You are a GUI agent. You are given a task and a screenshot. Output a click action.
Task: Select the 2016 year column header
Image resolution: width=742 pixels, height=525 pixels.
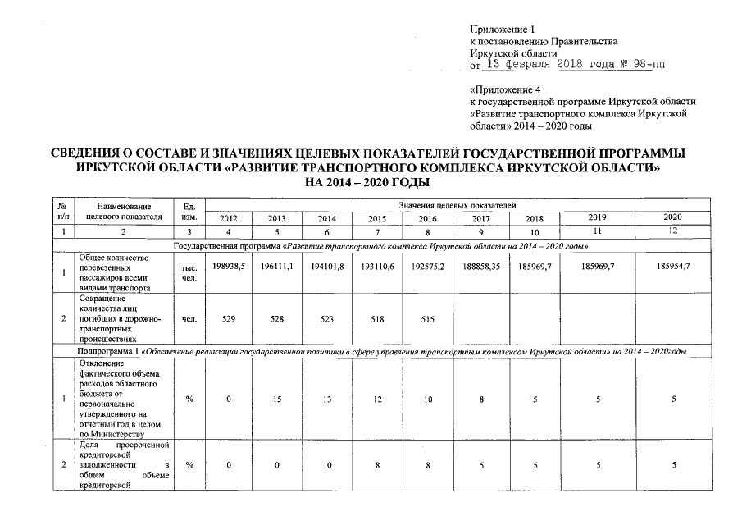427,218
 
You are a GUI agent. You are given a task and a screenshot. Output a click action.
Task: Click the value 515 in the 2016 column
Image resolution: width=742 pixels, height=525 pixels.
427,317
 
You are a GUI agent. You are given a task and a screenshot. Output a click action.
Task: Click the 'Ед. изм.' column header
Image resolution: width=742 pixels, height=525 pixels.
189,210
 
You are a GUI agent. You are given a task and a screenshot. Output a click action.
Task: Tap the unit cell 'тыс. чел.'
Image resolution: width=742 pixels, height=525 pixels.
189,273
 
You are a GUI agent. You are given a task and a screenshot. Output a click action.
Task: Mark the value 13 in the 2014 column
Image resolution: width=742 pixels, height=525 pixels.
328,399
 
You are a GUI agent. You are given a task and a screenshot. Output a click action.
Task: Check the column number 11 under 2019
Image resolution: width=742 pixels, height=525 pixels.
599,232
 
